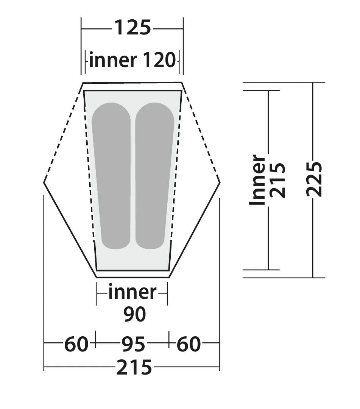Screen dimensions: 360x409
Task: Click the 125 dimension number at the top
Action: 133,28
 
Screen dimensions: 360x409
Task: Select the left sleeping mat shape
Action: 112,176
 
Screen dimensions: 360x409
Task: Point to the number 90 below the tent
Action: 134,314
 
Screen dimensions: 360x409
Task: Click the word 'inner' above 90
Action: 132,292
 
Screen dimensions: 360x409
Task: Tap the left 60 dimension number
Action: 76,344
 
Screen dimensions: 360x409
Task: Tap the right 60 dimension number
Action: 189,344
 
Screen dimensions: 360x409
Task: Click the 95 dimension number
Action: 133,344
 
